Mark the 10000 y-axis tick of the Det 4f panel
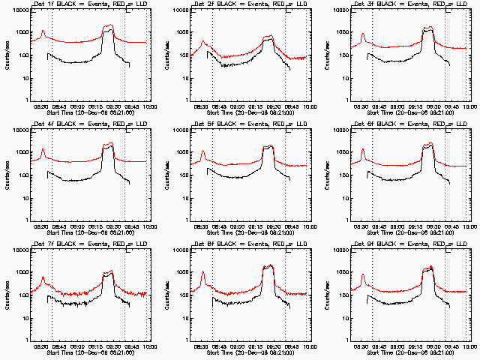point(22,130)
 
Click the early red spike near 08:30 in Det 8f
point(202,272)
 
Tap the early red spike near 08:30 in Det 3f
point(363,34)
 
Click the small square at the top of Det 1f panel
point(129,10)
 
